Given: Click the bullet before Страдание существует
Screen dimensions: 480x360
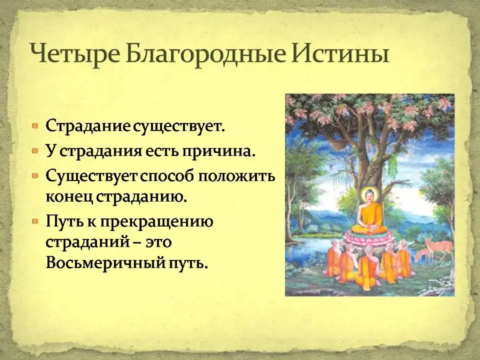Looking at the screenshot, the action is [x=36, y=125].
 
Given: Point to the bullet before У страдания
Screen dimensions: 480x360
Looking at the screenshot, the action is [x=36, y=151].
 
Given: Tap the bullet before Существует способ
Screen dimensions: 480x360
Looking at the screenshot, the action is [x=36, y=176].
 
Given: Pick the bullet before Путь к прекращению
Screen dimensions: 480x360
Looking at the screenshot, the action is [x=36, y=220].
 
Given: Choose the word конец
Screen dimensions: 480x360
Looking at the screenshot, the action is [x=70, y=197].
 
